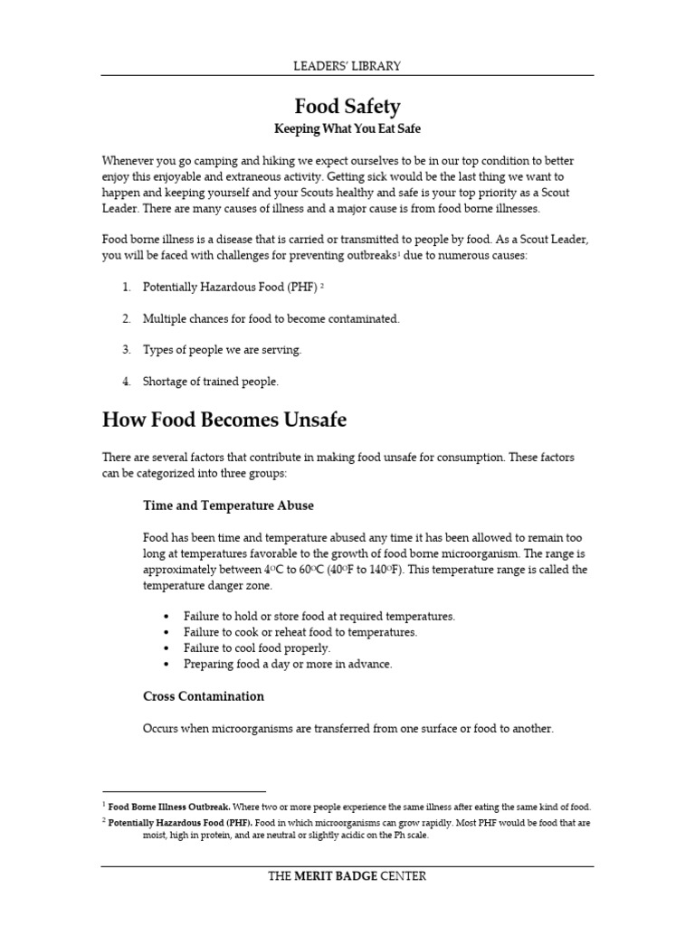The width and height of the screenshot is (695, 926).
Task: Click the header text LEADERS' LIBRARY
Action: point(347,65)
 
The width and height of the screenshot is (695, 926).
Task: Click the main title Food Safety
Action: point(347,108)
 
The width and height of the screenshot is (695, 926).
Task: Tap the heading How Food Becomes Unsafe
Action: point(224,420)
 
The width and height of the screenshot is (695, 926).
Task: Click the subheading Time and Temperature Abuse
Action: point(228,506)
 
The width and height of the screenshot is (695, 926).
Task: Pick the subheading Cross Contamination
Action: point(204,696)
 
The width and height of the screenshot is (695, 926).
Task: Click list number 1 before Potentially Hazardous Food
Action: point(126,287)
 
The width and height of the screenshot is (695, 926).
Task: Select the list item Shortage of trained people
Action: point(210,382)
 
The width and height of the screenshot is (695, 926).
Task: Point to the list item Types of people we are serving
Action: point(223,349)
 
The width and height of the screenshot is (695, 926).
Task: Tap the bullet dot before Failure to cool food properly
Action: point(168,648)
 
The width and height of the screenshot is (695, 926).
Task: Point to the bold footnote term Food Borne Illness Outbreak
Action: point(169,806)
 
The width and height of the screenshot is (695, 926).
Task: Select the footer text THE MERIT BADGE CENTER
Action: point(347,875)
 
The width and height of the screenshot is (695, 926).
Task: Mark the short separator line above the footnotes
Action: point(184,791)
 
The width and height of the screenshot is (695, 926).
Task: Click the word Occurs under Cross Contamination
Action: point(162,729)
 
